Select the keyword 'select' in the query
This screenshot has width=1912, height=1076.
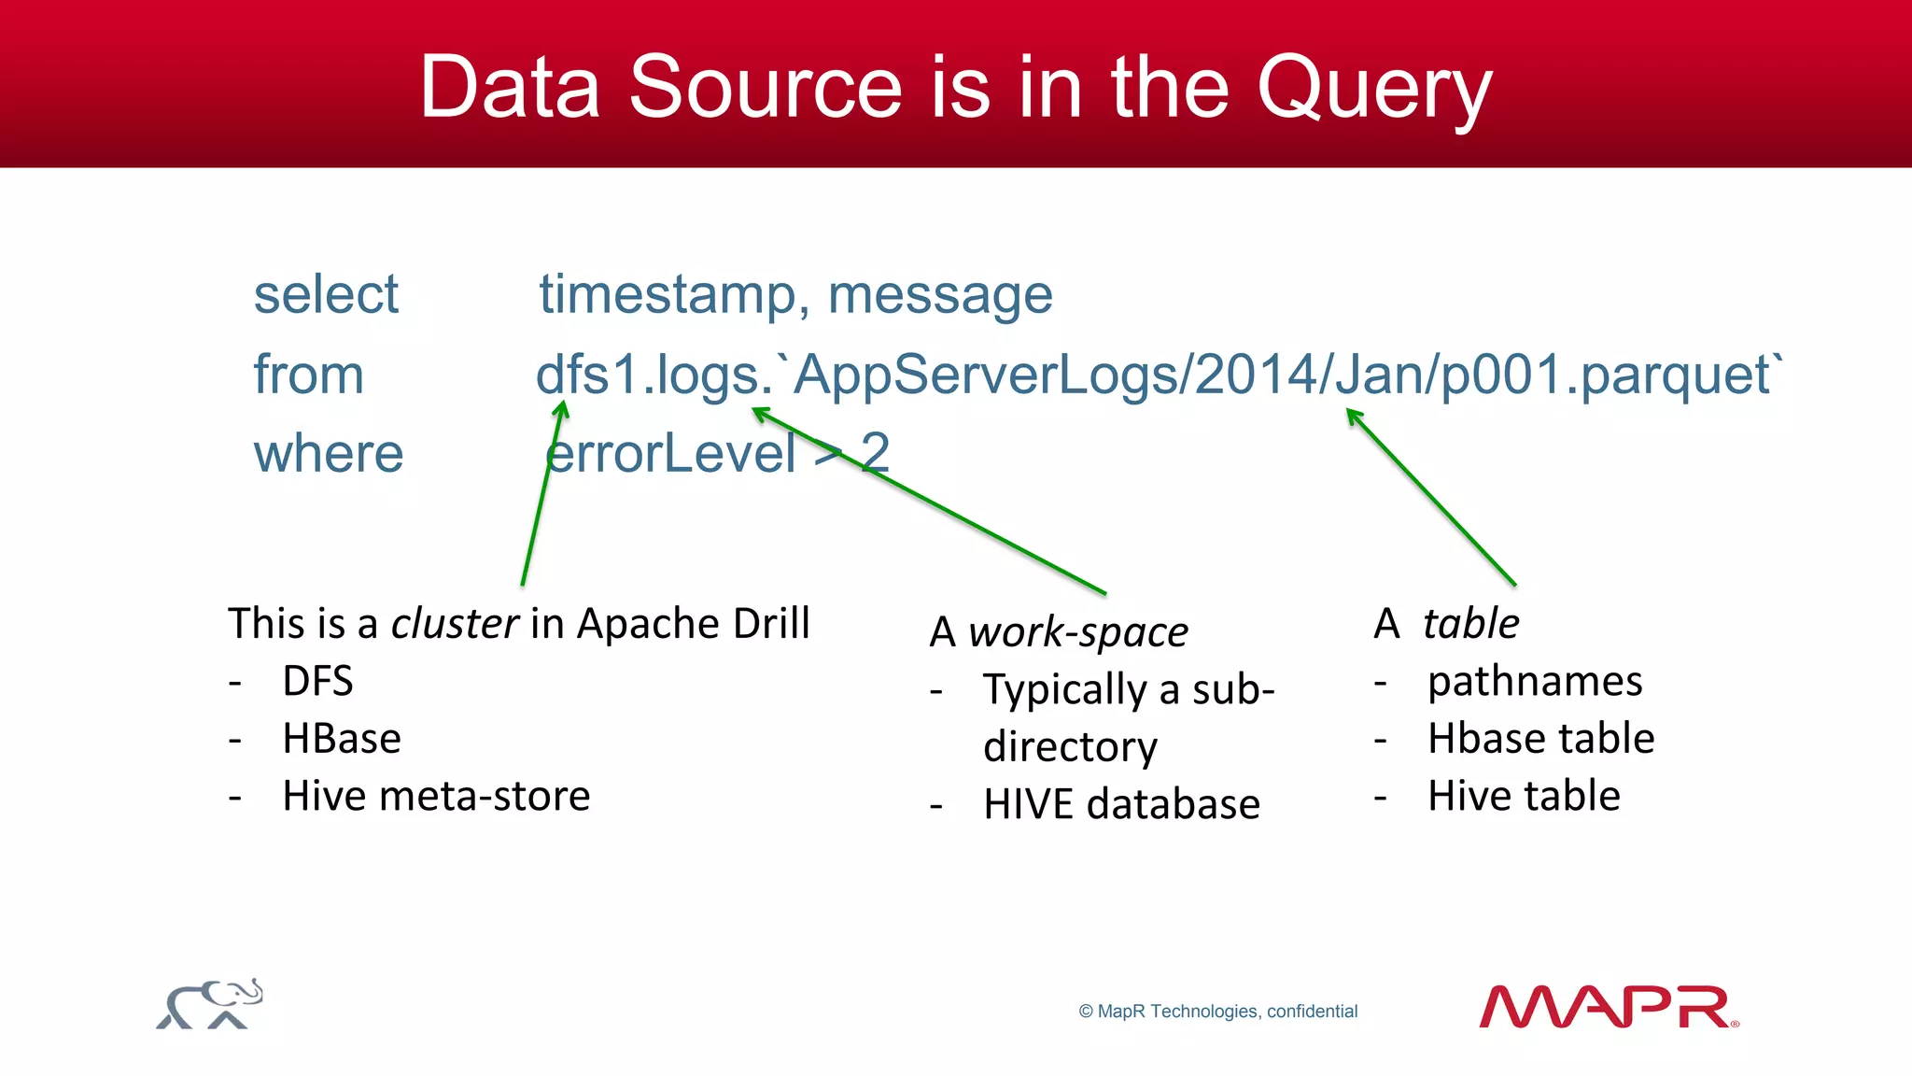pyautogui.click(x=326, y=294)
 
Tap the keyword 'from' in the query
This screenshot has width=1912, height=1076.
pyautogui.click(x=308, y=375)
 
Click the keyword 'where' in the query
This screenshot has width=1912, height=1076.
pyautogui.click(x=329, y=454)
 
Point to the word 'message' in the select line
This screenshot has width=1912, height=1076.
pyautogui.click(x=940, y=294)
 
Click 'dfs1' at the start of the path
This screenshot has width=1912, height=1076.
pyautogui.click(x=586, y=375)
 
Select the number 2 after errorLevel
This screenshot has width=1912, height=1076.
pyautogui.click(x=875, y=453)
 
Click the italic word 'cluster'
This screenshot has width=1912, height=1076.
pyautogui.click(x=455, y=623)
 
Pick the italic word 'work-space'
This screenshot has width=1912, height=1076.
pyautogui.click(x=1078, y=632)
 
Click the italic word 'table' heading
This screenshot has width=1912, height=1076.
pyautogui.click(x=1470, y=623)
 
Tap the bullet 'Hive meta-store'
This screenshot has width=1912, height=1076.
pyautogui.click(x=436, y=796)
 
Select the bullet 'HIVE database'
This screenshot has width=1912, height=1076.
pyautogui.click(x=1121, y=804)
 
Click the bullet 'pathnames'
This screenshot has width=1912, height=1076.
pyautogui.click(x=1535, y=681)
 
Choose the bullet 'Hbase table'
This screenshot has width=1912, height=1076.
pyautogui.click(x=1540, y=739)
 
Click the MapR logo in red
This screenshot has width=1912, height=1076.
pyautogui.click(x=1608, y=1007)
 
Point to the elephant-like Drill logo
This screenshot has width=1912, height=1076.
pyautogui.click(x=210, y=1004)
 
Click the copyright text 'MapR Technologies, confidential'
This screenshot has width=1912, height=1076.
pyautogui.click(x=1218, y=1012)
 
